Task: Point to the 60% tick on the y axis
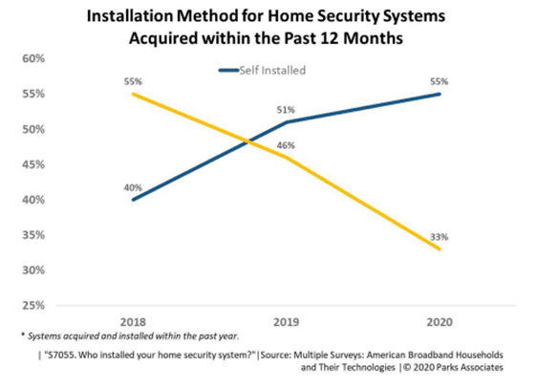(34, 58)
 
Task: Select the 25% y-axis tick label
(34, 306)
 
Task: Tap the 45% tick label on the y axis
(34, 164)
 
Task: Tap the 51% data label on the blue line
(286, 110)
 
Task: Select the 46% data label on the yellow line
(286, 145)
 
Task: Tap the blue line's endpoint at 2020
(440, 94)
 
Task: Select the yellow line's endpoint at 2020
(440, 249)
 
